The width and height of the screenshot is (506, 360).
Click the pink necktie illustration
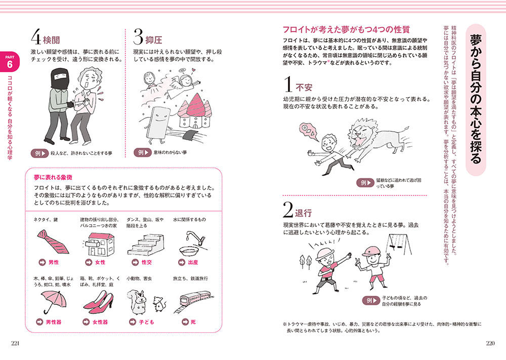[x=53, y=242]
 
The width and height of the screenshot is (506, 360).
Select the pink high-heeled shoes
[x=99, y=302]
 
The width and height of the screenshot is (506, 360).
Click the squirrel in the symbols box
[x=138, y=302]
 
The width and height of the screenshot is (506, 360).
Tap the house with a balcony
[x=99, y=244]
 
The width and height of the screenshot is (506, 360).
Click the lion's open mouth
[x=358, y=140]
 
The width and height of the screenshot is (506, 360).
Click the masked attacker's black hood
[x=59, y=78]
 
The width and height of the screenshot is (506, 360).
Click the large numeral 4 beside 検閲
[x=36, y=36]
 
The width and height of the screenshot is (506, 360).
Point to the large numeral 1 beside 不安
[x=288, y=84]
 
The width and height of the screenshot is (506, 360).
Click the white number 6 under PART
[x=9, y=65]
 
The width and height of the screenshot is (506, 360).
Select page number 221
[x=15, y=343]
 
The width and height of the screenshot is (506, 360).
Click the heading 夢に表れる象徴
[x=53, y=177]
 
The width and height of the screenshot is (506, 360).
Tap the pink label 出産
[x=193, y=262]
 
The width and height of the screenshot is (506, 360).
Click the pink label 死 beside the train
[x=193, y=322]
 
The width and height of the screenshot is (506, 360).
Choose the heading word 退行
[x=303, y=213]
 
